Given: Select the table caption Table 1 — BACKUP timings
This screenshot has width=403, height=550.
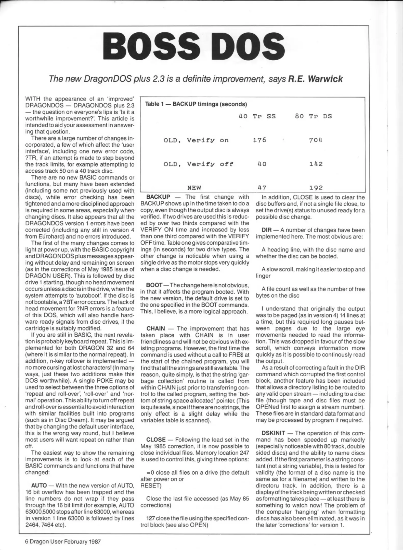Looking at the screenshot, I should (196, 104).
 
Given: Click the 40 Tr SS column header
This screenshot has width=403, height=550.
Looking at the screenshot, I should (257, 116).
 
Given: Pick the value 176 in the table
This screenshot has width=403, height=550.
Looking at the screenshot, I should (259, 140).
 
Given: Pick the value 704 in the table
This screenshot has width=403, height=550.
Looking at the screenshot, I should (316, 140).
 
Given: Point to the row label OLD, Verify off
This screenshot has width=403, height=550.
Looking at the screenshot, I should (198, 164).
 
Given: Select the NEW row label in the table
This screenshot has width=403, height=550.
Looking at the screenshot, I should (194, 188).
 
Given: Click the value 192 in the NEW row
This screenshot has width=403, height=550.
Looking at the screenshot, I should (316, 188).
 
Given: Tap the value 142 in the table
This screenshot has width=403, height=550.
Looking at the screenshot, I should (316, 164).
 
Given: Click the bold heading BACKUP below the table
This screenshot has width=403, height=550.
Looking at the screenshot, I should (158, 197).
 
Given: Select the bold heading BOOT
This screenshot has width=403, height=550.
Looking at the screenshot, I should (154, 285).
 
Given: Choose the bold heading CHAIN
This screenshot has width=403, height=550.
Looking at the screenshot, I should (155, 328).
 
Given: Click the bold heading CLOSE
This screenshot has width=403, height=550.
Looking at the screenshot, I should (156, 440).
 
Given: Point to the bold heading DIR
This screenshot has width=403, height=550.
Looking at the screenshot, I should (266, 230).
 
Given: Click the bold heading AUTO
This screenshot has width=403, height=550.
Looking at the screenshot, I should (39, 486).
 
